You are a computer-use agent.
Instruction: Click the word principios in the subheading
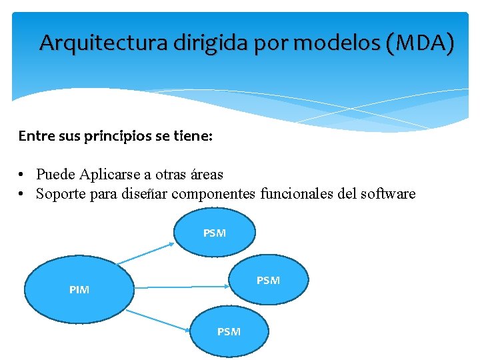click(119, 136)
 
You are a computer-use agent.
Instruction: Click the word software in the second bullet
click(383, 194)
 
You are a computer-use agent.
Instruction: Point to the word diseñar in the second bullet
click(141, 194)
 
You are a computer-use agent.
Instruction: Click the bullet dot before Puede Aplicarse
click(22, 175)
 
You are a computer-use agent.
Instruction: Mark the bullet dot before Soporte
click(22, 194)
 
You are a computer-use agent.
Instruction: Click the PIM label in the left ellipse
click(79, 290)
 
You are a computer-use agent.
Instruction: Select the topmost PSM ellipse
click(214, 233)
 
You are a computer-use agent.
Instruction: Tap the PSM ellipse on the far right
click(269, 281)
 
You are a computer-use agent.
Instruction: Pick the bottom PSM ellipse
click(229, 331)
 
